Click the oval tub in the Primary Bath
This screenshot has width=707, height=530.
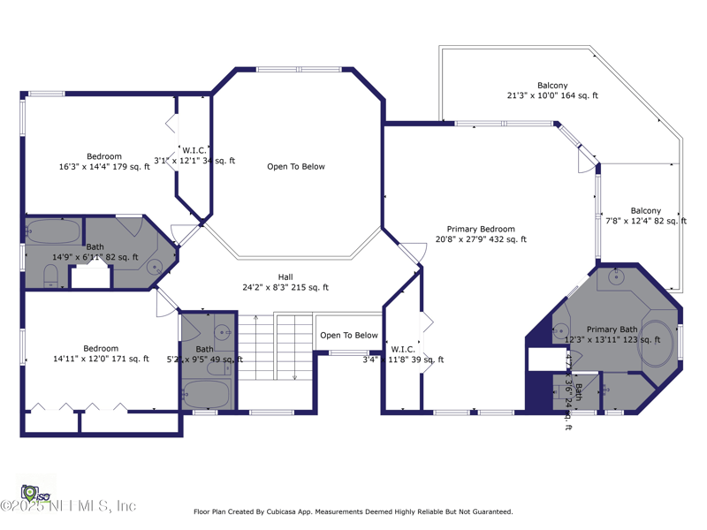click(x=655, y=344)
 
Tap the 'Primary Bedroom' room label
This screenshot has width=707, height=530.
click(x=480, y=229)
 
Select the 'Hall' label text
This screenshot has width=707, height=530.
click(x=285, y=276)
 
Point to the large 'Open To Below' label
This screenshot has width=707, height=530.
click(x=296, y=166)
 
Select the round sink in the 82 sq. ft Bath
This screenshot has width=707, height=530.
click(x=154, y=266)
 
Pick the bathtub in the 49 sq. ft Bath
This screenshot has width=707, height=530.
click(x=208, y=394)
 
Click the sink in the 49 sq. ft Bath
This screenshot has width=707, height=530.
click(x=223, y=334)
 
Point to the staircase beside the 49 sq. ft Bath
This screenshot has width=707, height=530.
click(x=277, y=347)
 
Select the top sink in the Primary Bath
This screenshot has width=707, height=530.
click(x=617, y=277)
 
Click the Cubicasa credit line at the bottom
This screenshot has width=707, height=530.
click(x=353, y=511)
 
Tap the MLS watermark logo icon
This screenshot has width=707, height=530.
click(x=32, y=491)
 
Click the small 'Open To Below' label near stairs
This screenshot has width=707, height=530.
click(x=348, y=335)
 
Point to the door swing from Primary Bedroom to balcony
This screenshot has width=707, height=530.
click(x=585, y=160)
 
